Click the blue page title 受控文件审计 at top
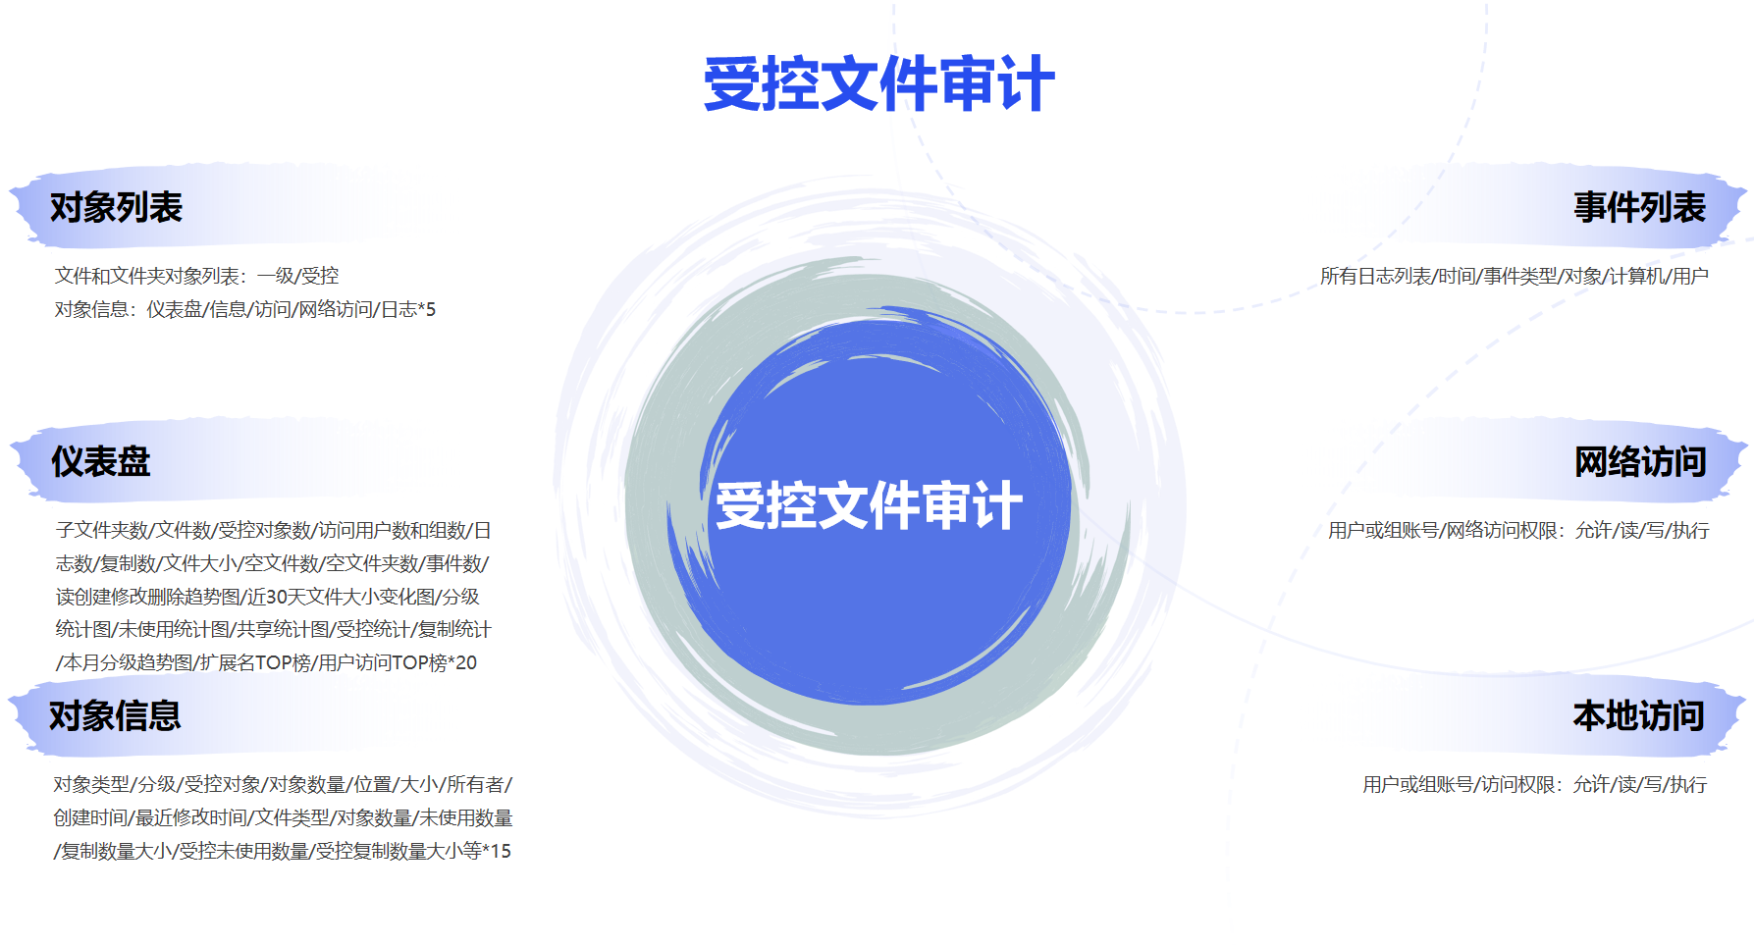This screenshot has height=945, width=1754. tap(878, 84)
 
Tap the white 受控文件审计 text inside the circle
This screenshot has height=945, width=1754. tap(869, 505)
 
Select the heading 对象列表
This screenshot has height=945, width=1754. tap(116, 207)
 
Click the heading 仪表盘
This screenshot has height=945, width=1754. tap(100, 461)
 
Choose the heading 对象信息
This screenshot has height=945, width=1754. tap(115, 715)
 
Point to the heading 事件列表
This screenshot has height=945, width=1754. tap(1639, 207)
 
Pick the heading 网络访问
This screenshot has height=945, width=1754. tap(1639, 461)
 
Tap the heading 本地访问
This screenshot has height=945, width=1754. tap(1638, 715)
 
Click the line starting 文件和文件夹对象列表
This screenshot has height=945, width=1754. tap(196, 276)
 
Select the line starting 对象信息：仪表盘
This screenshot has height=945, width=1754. tap(244, 309)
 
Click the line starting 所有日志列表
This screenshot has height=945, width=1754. tap(1514, 276)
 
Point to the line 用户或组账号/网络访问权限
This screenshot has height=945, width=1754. tap(1517, 530)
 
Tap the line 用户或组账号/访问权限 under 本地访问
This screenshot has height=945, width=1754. tap(1534, 784)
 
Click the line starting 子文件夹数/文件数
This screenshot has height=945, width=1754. tap(273, 530)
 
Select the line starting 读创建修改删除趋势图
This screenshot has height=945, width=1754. tap(267, 596)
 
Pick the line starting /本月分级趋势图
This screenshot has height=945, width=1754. tap(266, 662)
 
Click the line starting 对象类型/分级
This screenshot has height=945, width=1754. tap(283, 784)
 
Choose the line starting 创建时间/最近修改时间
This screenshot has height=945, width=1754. tap(283, 817)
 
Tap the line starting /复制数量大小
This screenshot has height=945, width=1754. tap(283, 851)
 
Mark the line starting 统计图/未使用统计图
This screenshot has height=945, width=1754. tap(273, 629)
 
